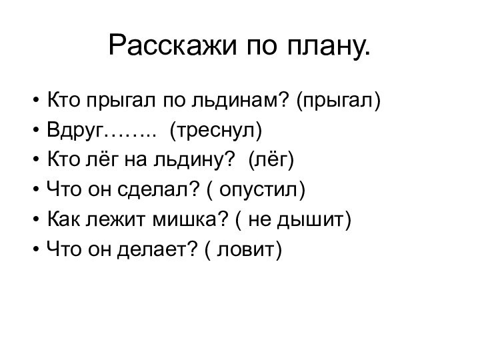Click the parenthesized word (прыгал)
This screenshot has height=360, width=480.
(338, 102)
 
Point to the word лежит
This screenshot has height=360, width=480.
(111, 219)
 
